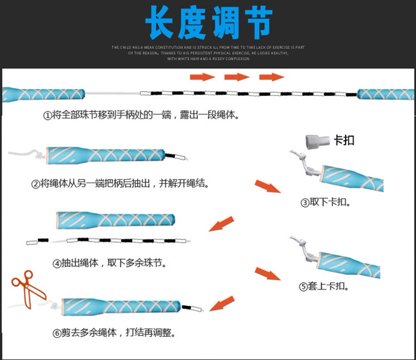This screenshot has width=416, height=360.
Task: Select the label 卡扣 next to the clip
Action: point(344,140)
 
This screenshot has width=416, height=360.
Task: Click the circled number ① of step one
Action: point(47,115)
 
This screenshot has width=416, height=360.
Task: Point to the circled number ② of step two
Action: point(36,184)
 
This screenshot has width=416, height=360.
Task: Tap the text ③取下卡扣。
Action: point(326,203)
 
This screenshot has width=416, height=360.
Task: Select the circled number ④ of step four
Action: point(57,263)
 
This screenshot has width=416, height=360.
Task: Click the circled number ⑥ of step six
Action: point(57,333)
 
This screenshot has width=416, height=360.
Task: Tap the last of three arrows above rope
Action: point(272,77)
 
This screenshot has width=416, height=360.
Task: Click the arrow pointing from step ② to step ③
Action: point(267,186)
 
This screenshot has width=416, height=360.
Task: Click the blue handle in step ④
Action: point(115,220)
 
